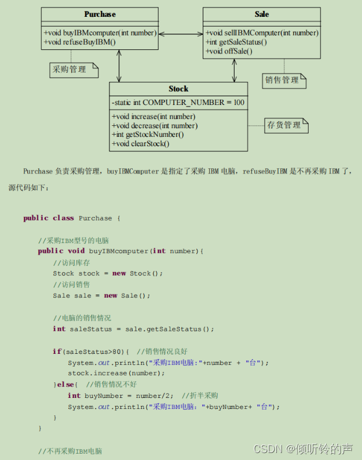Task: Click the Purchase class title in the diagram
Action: click(100, 15)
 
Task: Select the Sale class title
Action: click(261, 15)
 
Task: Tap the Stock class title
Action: click(178, 89)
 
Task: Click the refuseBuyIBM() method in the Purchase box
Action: click(80, 42)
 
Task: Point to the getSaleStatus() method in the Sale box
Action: click(236, 42)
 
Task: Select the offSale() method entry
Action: click(229, 51)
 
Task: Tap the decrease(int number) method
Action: click(155, 125)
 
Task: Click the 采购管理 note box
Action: click(72, 70)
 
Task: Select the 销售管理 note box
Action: click(283, 80)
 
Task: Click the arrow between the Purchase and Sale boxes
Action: click(180, 33)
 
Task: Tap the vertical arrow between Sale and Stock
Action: click(235, 70)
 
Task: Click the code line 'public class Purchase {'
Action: click(71, 218)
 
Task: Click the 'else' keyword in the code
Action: click(65, 385)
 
